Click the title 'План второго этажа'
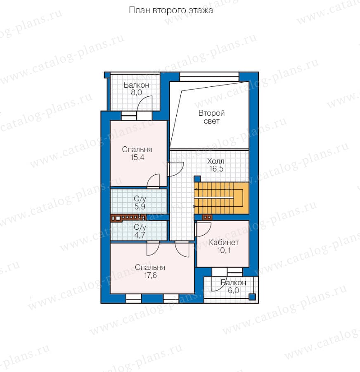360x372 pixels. tap(171, 10)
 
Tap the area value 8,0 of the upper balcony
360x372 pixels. tap(137, 93)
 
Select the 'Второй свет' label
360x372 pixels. tap(212, 117)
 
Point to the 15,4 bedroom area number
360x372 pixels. tap(137, 157)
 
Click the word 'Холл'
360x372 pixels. tap(216, 161)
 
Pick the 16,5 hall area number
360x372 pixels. tap(216, 169)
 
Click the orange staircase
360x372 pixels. tap(221, 198)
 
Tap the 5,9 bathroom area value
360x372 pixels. tap(140, 207)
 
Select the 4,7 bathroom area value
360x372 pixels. tap(140, 235)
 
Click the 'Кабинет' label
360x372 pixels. tap(224, 243)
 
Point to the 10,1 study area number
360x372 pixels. tap(224, 250)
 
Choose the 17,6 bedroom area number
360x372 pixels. tap(150, 275)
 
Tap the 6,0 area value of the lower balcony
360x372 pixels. tap(233, 291)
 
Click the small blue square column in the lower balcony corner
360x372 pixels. tap(252, 297)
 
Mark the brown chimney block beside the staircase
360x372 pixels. tap(207, 217)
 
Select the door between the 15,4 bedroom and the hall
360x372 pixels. tap(175, 169)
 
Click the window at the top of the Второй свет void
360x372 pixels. tap(209, 76)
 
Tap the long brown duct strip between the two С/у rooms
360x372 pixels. tap(128, 218)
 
